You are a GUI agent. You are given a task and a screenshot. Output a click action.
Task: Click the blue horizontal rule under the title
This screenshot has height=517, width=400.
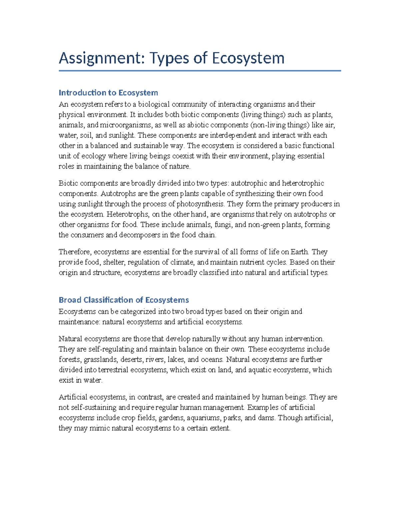200,71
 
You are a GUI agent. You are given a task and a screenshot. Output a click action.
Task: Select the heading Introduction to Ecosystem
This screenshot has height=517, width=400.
108,93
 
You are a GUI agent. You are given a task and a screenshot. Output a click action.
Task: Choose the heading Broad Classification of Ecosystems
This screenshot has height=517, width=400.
124,300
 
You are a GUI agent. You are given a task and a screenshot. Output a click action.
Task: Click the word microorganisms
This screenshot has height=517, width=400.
126,125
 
